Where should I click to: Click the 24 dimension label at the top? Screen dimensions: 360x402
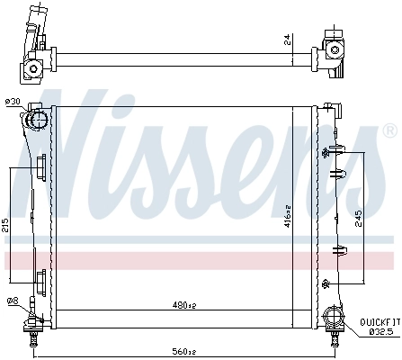(x=288, y=40)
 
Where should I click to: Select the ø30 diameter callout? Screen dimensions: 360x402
(x=13, y=102)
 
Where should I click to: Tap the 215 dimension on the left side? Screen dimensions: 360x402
(x=5, y=224)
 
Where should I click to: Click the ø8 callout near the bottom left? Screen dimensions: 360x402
(x=13, y=300)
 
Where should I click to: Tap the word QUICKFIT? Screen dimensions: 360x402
(x=380, y=321)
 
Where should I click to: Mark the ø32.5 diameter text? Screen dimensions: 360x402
(x=381, y=331)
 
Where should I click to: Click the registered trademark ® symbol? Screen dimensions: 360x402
(x=389, y=130)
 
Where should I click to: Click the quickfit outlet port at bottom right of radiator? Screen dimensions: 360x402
(x=333, y=317)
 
